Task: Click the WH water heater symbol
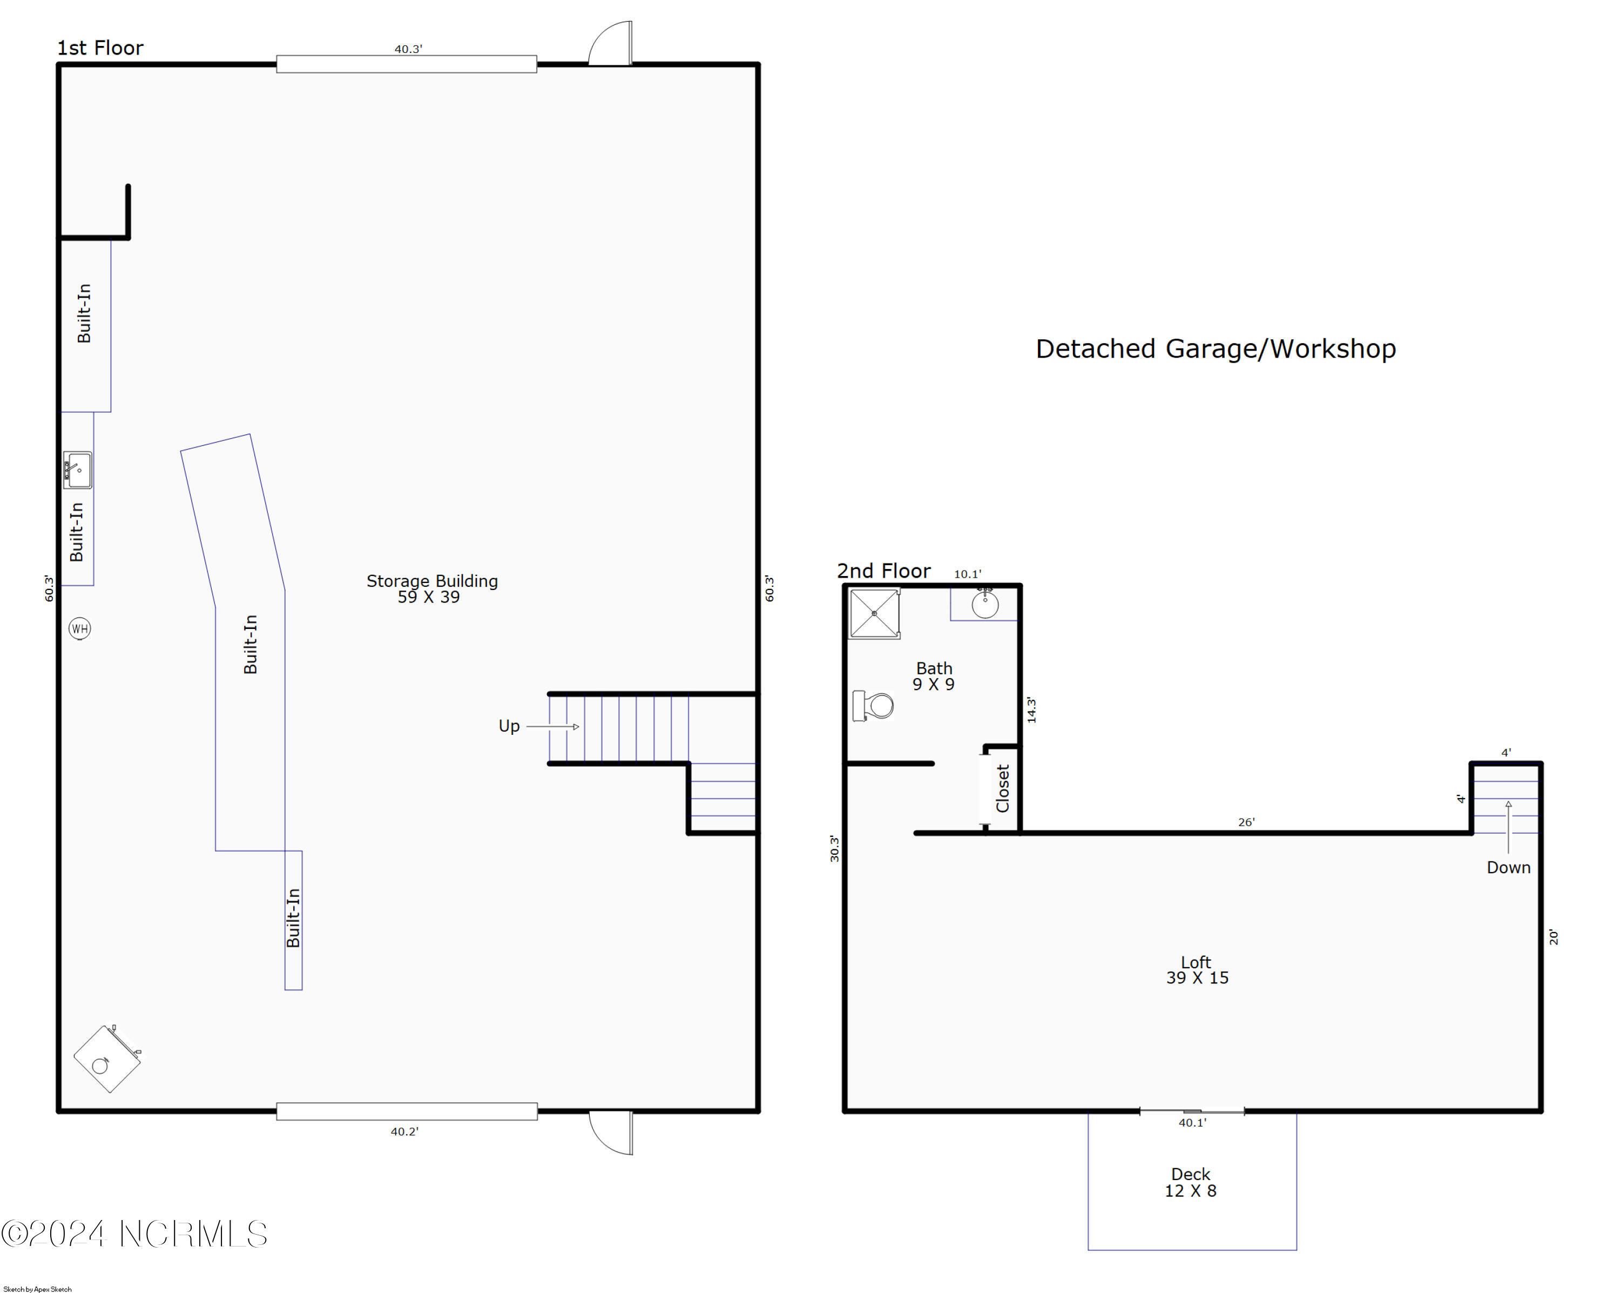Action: pos(79,628)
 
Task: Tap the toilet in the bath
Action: pos(873,706)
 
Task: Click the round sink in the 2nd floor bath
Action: pos(985,604)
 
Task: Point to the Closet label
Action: pos(1002,788)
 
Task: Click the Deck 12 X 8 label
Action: pos(1191,1182)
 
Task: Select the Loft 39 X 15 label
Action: pos(1197,970)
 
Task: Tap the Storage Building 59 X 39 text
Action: pos(431,588)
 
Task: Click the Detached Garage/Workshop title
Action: pos(1215,349)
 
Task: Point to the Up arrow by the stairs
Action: pos(553,727)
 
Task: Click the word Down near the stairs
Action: pos(1508,868)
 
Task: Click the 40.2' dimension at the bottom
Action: pos(404,1131)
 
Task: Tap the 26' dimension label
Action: pos(1246,822)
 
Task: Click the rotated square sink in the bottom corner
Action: pos(107,1058)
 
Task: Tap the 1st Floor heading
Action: pos(100,48)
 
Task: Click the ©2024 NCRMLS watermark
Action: pos(134,1234)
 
